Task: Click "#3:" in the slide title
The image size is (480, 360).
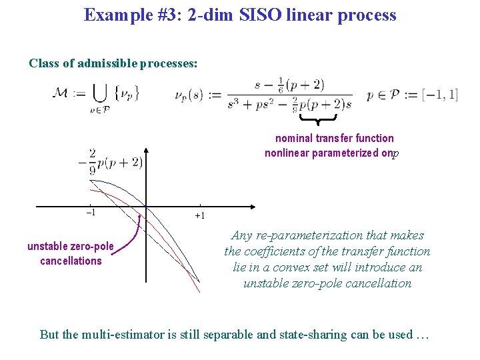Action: click(169, 15)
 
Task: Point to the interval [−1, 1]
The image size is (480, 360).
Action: click(439, 95)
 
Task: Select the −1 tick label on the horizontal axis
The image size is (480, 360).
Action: click(91, 212)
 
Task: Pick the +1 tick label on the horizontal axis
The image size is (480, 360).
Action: click(199, 216)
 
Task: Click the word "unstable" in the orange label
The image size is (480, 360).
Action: click(49, 247)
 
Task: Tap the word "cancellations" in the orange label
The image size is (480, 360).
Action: click(71, 261)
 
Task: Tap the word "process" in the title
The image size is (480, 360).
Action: click(367, 15)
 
